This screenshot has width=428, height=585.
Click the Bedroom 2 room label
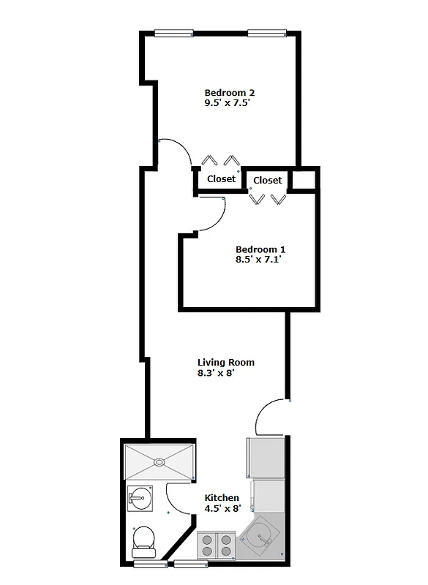point(229,93)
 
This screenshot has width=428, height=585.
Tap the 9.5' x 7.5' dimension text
point(229,104)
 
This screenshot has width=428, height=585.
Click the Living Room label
point(226,362)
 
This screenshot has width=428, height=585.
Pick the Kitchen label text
point(222,498)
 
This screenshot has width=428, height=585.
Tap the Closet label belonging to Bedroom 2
point(221,178)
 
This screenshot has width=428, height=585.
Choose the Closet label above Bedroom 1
point(268,180)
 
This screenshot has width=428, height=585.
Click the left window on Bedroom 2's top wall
point(173,32)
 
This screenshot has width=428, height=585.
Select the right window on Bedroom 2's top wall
point(267,32)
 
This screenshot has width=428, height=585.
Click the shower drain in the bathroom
point(159,462)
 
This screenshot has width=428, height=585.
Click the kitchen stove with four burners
point(217,546)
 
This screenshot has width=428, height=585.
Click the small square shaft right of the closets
point(304,178)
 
